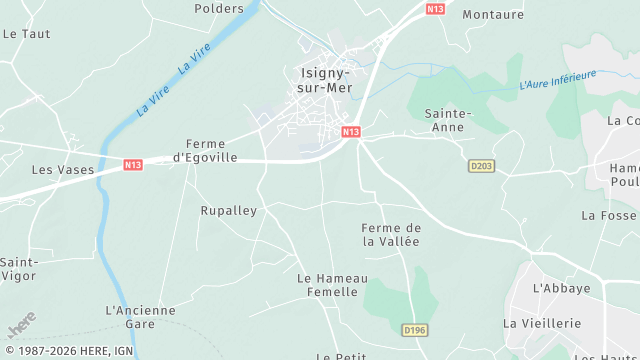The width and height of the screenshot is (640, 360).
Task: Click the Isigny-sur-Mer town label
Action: (x=322, y=79)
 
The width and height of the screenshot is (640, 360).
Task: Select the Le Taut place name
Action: (x=27, y=33)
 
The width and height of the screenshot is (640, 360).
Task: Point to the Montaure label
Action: (x=493, y=15)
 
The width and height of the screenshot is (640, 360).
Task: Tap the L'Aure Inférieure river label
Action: (x=557, y=80)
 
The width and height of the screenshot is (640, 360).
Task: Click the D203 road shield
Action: (x=481, y=166)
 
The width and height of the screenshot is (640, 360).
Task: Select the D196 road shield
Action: (x=414, y=329)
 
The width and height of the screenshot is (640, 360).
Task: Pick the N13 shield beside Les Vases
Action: (x=133, y=164)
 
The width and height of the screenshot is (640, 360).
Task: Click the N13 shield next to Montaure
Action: (x=434, y=9)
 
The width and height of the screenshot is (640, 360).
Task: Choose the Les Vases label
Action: (x=62, y=170)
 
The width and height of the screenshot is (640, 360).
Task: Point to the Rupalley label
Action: (x=229, y=211)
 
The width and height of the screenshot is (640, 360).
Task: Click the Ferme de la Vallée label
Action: (x=391, y=234)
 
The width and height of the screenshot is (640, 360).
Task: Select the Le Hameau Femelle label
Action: (x=333, y=285)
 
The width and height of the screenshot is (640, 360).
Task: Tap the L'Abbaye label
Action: (x=561, y=288)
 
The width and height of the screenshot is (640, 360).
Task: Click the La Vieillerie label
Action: (x=542, y=323)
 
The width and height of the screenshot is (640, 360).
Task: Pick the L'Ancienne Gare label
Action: (x=140, y=317)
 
